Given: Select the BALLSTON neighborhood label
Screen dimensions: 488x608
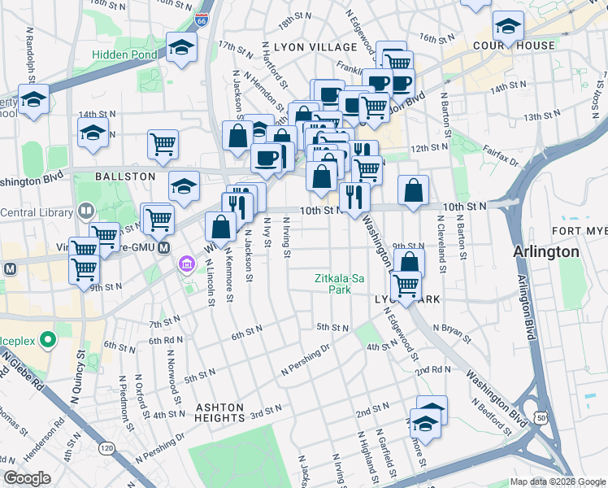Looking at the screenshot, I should click(x=125, y=176).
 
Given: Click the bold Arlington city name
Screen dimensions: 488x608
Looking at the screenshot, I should click(x=546, y=252).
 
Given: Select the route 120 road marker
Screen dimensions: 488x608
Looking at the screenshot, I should click(x=106, y=447).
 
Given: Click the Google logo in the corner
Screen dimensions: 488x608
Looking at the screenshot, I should click(x=27, y=478).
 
